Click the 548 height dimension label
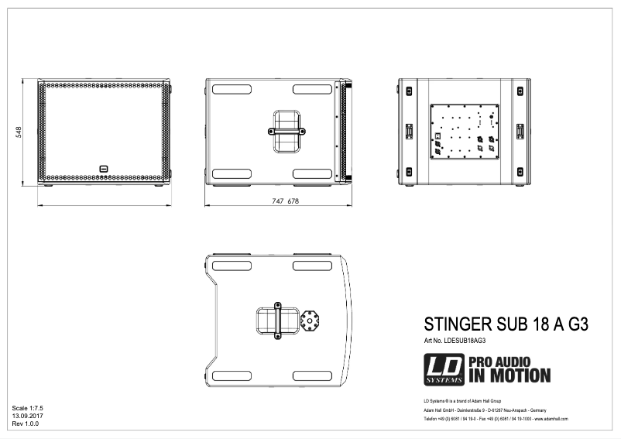pos(19,132)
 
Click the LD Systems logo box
pos(444,369)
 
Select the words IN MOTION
pos(509,376)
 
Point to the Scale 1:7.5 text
pos(28,407)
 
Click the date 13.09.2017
pos(28,416)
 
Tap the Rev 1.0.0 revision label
pos(26,424)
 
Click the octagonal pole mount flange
pos(311,321)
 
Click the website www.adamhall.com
pos(551,418)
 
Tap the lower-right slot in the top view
pos(312,376)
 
